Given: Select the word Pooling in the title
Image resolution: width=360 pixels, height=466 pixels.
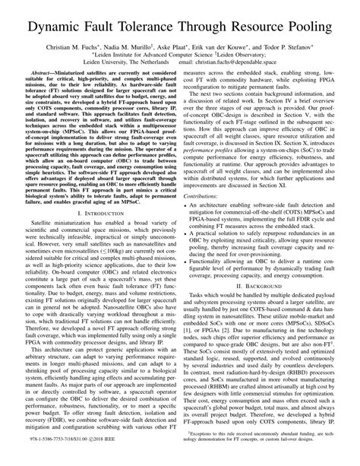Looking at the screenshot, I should tap(311, 28).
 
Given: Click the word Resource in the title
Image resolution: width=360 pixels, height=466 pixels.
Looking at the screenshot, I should tap(257, 28).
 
